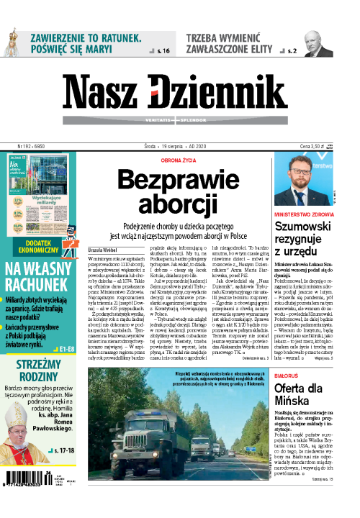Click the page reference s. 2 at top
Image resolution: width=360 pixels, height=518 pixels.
(291, 51)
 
